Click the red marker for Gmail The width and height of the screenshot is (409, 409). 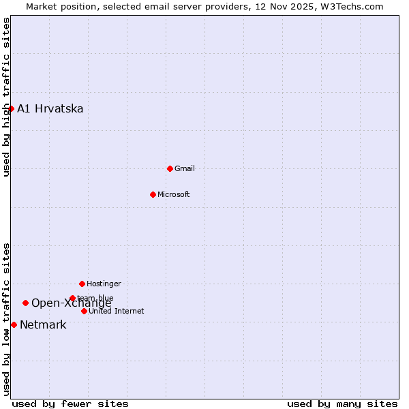(170, 168)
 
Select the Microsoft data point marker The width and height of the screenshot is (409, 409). (153, 194)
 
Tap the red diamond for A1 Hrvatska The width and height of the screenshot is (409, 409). (11, 108)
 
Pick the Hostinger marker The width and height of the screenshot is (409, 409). (82, 284)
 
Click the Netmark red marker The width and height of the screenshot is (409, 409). (14, 324)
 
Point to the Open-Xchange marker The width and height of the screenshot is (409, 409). (25, 303)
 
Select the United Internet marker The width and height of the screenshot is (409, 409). (84, 311)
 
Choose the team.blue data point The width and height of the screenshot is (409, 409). (72, 298)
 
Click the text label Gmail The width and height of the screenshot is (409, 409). (184, 168)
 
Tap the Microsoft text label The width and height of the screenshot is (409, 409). (173, 194)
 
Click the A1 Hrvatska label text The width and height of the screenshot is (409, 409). (50, 108)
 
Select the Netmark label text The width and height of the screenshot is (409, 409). (43, 324)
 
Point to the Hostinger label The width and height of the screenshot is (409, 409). (104, 284)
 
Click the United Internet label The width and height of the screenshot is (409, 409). (116, 311)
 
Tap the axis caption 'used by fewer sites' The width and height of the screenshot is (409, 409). (70, 404)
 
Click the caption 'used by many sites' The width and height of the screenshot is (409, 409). (342, 404)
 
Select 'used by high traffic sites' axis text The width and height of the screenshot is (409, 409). (6, 97)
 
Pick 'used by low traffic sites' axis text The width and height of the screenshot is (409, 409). (6, 318)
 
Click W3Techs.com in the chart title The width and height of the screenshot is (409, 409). (353, 6)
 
